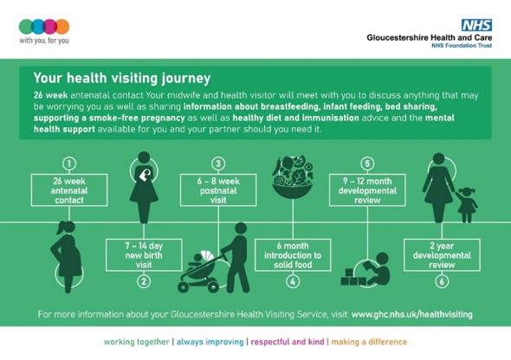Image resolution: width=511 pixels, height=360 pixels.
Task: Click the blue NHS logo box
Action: click(475, 25)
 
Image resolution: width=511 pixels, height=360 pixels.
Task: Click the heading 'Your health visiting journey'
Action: click(121, 77)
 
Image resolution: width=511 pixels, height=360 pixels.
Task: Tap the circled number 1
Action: click(70, 163)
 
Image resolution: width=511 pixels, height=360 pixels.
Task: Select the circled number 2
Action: click(144, 281)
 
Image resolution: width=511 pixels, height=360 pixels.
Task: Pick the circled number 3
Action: click(218, 163)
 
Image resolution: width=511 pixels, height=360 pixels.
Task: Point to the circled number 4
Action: click(293, 281)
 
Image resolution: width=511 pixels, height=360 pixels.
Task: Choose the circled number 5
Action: click(367, 163)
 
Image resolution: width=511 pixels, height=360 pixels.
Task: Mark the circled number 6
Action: click(443, 281)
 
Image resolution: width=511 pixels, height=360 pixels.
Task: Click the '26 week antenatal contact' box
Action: click(70, 189)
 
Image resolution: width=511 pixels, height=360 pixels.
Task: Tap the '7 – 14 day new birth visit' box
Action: click(144, 254)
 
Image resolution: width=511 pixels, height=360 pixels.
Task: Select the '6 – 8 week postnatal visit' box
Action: click(218, 189)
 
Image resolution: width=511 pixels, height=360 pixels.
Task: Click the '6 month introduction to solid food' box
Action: click(293, 255)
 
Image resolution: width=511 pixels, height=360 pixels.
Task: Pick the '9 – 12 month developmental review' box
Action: click(367, 189)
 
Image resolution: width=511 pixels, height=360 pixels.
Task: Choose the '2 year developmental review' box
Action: click(443, 255)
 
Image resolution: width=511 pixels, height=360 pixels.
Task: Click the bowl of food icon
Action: click(293, 177)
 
